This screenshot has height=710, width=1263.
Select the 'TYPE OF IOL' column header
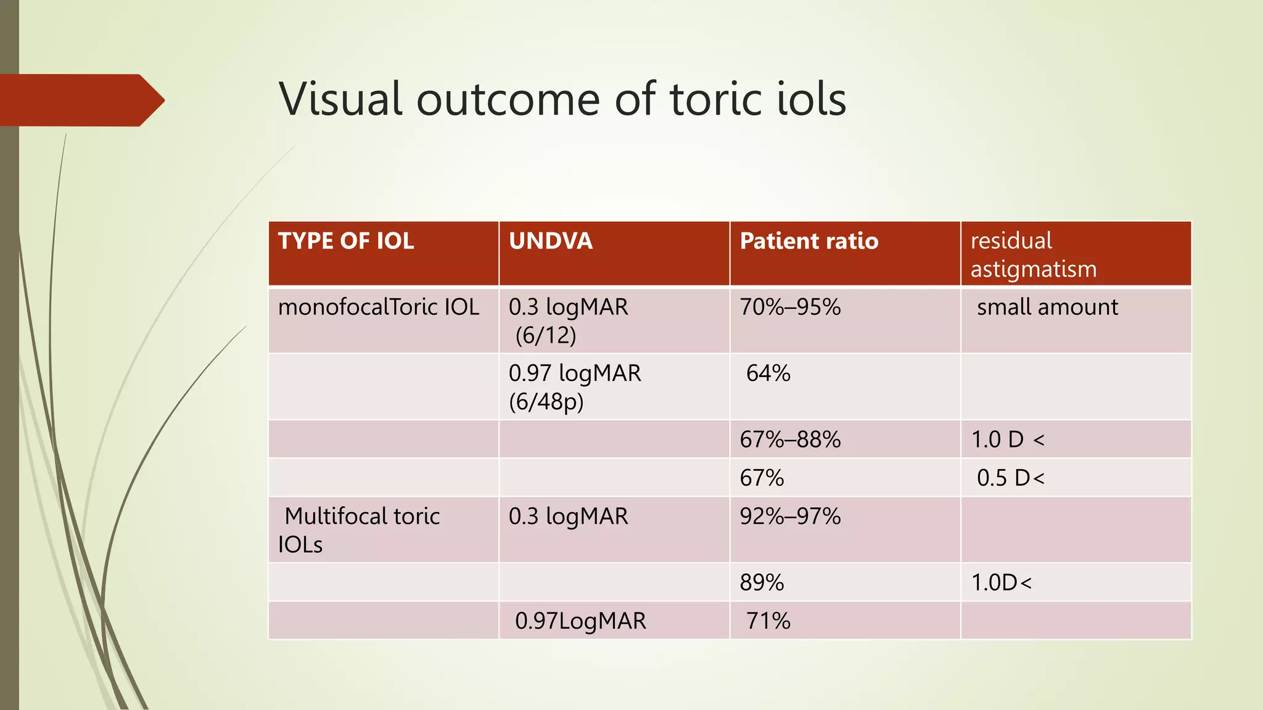[346, 241]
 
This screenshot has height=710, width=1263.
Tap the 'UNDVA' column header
[551, 241]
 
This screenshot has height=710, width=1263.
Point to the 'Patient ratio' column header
[808, 241]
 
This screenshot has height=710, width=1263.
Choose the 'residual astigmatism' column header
[1034, 255]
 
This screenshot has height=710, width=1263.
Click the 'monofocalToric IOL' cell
[378, 307]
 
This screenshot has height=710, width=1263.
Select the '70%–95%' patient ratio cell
[790, 307]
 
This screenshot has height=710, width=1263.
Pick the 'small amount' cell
[1047, 307]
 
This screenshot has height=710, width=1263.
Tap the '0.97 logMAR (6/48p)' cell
[574, 387]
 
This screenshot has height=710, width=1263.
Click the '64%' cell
[768, 373]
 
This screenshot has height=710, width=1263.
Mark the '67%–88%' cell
[790, 439]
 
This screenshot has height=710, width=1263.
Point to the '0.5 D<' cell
[1010, 478]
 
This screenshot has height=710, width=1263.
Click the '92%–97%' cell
[790, 516]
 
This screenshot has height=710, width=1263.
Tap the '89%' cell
[762, 582]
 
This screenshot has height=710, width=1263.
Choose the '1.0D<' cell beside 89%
[1001, 582]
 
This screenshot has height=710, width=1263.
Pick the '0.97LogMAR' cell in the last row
[580, 621]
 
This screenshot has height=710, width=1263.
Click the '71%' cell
[768, 621]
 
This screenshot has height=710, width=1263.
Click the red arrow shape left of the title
[80, 100]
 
